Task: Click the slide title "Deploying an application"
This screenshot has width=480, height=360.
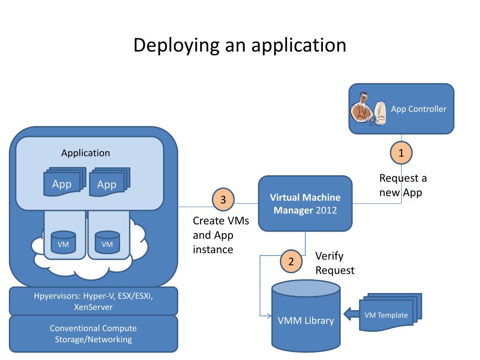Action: [x=240, y=45]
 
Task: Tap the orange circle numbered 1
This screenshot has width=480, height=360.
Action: [x=401, y=153]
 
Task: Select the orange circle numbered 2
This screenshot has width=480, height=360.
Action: [x=291, y=262]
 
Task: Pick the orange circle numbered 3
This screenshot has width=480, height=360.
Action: [x=223, y=200]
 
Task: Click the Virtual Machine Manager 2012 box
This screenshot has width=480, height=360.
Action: [x=305, y=203]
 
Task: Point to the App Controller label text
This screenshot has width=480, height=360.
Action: [x=419, y=109]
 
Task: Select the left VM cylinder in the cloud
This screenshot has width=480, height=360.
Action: [x=63, y=242]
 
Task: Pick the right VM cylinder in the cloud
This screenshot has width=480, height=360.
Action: [x=107, y=242]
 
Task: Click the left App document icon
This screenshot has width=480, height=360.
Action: [x=63, y=183]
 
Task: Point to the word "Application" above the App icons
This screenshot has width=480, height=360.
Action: [x=86, y=153]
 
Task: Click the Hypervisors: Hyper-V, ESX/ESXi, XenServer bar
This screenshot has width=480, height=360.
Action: [x=93, y=302]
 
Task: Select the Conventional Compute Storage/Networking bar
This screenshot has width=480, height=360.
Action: [x=93, y=334]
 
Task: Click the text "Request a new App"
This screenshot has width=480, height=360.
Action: [x=403, y=185]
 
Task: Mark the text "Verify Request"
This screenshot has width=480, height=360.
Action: [x=335, y=263]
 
